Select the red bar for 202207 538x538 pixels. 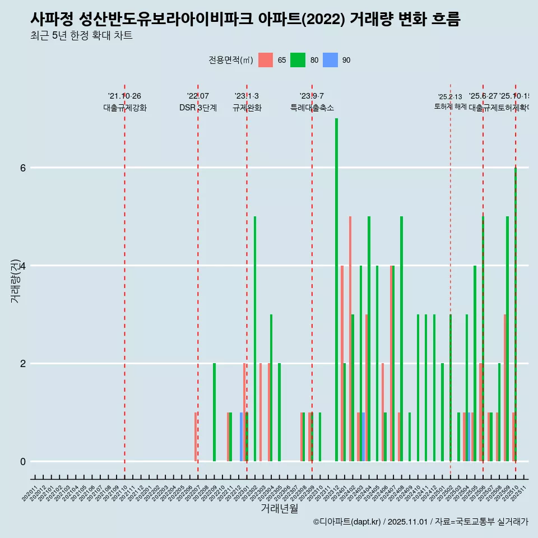tap(196, 437)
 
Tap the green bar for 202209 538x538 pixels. tap(214, 412)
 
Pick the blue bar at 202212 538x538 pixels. tap(242, 437)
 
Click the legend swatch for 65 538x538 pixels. tap(265, 60)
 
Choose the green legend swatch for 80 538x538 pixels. tap(298, 60)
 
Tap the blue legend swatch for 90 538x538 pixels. tap(330, 60)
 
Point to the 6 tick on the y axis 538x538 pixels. tap(23, 168)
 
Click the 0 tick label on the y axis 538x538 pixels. tap(23, 461)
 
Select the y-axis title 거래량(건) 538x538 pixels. tap(16, 281)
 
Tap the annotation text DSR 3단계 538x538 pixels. tap(198, 108)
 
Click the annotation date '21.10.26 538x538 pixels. tap(124, 96)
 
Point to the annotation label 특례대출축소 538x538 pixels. tap(312, 108)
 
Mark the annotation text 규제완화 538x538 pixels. tap(247, 108)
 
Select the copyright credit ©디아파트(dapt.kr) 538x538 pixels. tap(347, 522)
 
